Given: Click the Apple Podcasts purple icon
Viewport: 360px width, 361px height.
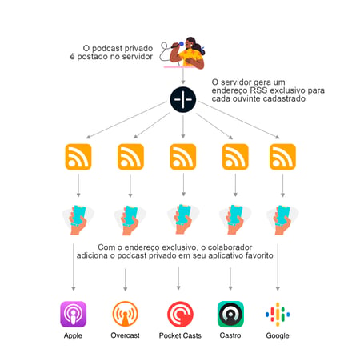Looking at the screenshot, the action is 74,314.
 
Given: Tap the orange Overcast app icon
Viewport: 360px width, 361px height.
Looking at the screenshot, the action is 125,314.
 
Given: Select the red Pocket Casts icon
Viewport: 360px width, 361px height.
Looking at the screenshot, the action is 180,315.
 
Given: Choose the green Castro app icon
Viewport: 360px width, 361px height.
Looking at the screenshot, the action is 230,314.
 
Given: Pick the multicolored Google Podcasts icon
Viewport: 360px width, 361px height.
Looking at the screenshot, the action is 278,314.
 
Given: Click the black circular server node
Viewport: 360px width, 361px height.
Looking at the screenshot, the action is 183,99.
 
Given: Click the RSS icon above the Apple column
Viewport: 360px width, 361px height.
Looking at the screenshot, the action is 78,157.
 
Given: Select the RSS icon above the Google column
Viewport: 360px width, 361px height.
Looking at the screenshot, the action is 282,157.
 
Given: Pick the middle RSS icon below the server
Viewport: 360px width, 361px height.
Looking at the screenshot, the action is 183,157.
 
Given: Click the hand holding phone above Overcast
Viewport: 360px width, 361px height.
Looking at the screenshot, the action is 130,220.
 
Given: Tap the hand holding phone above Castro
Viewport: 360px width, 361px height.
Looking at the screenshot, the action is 235,219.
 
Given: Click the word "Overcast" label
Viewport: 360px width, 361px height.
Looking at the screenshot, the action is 125,335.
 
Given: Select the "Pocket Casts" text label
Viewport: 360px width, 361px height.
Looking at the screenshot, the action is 180,335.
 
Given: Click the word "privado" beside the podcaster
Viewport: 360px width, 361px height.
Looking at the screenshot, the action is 138,48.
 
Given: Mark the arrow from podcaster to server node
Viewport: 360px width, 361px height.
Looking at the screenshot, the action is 183,75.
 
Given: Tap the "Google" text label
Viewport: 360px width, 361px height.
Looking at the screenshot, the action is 278,335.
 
